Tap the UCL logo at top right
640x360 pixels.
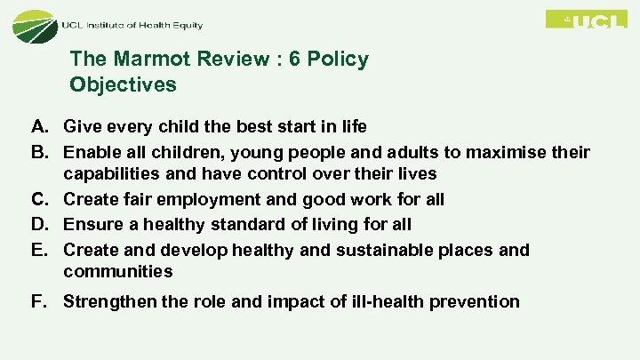[586, 20]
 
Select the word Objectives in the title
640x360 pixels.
[123, 85]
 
